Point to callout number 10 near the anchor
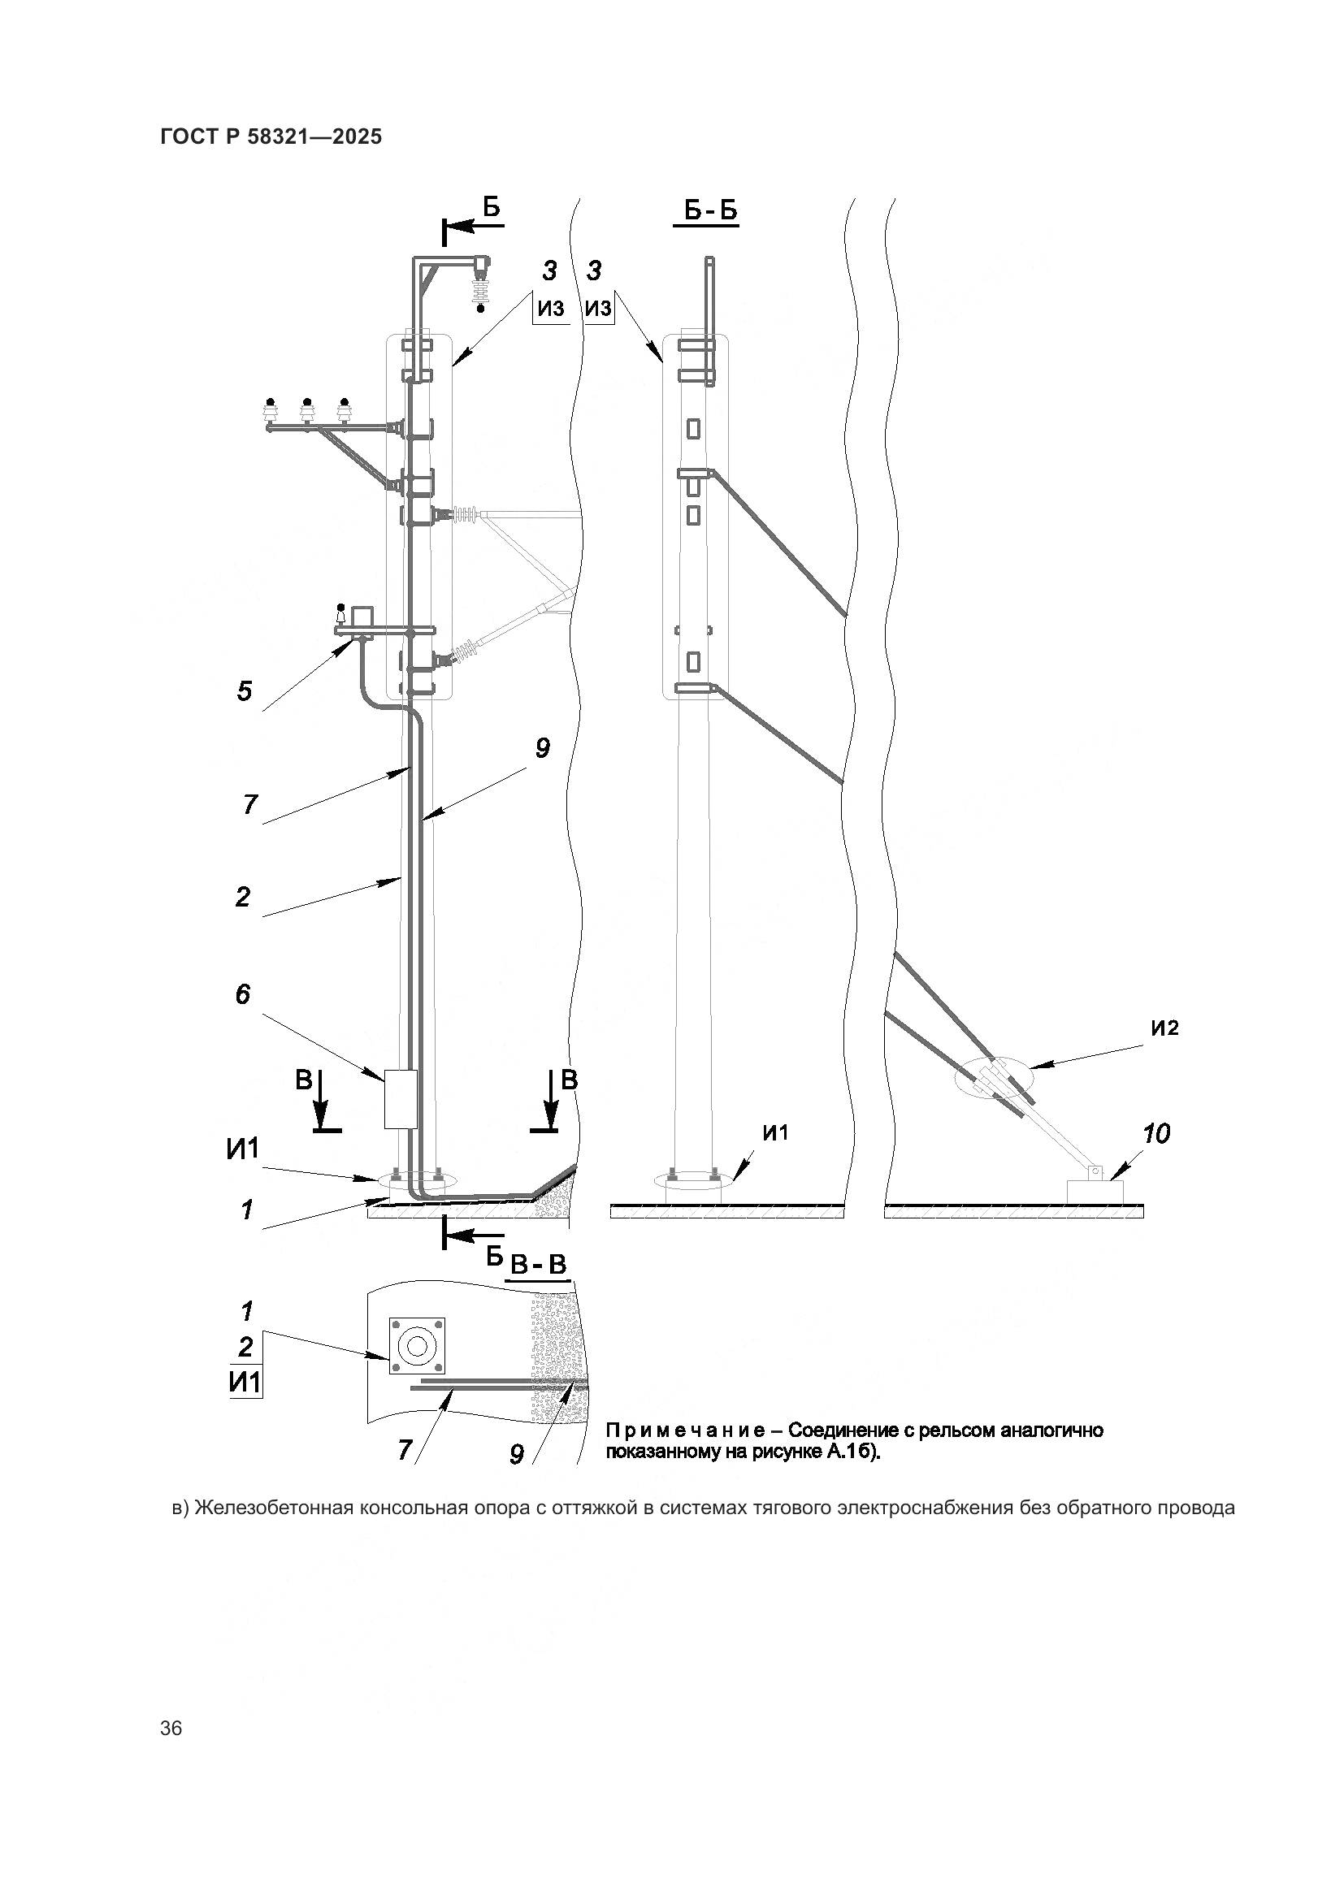coord(1155,1133)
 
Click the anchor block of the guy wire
coord(1094,1192)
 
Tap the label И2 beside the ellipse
coord(1164,1028)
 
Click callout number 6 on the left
coord(242,993)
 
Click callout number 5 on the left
coord(244,690)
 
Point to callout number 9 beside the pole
coord(542,748)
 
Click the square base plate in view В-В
coord(417,1346)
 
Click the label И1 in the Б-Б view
coord(774,1133)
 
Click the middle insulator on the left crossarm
coord(307,410)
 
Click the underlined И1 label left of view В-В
coord(245,1382)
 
